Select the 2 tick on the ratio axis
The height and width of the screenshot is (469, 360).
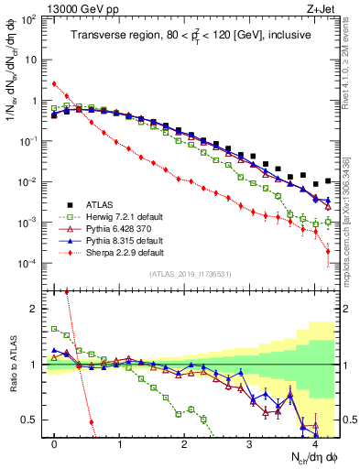35,309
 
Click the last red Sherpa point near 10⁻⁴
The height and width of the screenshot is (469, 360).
328,264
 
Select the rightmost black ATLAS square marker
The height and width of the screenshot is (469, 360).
328,181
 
